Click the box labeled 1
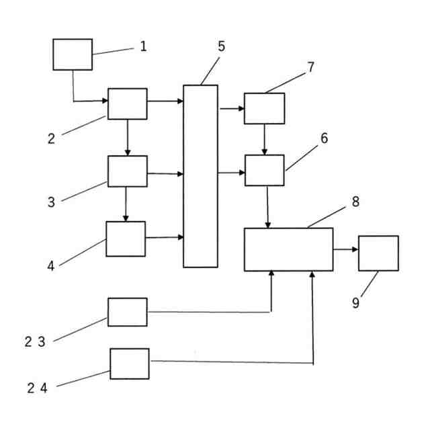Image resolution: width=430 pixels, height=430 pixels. click(73, 54)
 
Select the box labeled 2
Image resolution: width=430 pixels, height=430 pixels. click(127, 103)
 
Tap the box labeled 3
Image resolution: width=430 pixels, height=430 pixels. click(127, 171)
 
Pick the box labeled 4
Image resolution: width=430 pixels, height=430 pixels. click(125, 239)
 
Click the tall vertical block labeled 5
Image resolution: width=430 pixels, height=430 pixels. click(200, 176)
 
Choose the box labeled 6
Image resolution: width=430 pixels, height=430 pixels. click(264, 170)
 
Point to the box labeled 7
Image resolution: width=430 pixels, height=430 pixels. click(264, 108)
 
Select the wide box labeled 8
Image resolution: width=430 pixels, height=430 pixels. click(288, 249)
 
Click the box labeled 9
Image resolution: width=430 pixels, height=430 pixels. click(378, 253)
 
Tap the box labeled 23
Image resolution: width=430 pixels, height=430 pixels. click(127, 312)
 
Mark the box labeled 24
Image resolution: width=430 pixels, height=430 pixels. click(130, 363)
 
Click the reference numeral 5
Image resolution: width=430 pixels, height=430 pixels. click(221, 47)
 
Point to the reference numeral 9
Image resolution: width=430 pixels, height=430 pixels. click(355, 303)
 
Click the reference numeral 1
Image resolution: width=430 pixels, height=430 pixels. click(143, 46)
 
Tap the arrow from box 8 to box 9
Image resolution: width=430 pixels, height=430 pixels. click(345, 250)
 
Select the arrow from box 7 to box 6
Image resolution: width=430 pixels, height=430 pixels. click(264, 139)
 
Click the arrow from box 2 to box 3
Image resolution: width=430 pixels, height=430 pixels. click(127, 138)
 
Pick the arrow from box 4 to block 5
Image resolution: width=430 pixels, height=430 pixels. click(164, 237)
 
